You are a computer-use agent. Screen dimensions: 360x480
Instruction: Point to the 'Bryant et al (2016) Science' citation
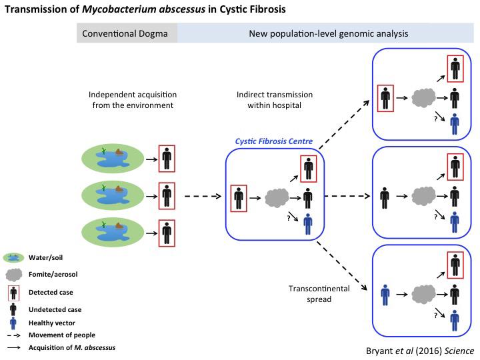point(421,350)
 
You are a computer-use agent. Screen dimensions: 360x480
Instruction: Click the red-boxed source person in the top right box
point(385,97)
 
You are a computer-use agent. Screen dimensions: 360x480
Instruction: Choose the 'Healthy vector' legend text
point(50,322)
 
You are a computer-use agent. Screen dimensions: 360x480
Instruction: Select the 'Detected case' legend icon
point(13,291)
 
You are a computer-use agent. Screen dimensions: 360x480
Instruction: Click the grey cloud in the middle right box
point(422,197)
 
